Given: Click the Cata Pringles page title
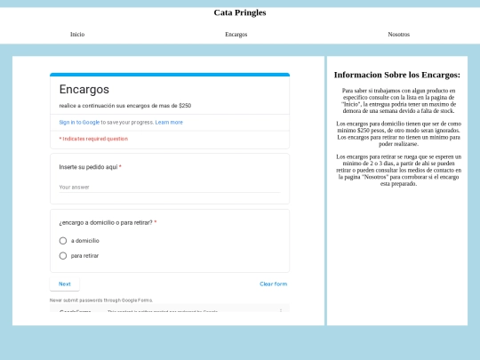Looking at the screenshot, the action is [239, 12].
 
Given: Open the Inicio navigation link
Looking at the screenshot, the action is [77, 34].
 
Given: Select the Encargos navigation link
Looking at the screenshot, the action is [236, 34].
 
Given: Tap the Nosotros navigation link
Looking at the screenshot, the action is [399, 34].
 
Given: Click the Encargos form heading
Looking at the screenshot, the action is [84, 89].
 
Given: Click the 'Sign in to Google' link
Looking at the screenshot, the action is [79, 122].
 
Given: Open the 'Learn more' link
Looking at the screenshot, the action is [169, 122].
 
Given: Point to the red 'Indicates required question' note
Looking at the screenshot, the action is [93, 139].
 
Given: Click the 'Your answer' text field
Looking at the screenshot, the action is [169, 187].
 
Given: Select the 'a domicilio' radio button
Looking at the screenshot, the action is [63, 240].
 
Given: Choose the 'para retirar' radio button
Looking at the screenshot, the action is [63, 256].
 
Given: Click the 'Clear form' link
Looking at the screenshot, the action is [273, 284].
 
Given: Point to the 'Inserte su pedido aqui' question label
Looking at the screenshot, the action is [89, 167].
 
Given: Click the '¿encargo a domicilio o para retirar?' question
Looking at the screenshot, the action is [107, 222].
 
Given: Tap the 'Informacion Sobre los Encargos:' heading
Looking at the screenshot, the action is [396, 75].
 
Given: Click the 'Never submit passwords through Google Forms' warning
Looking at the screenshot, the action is [100, 300].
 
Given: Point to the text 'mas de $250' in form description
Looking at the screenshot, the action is [173, 105].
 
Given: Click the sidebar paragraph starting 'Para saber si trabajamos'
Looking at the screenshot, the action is [396, 100].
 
